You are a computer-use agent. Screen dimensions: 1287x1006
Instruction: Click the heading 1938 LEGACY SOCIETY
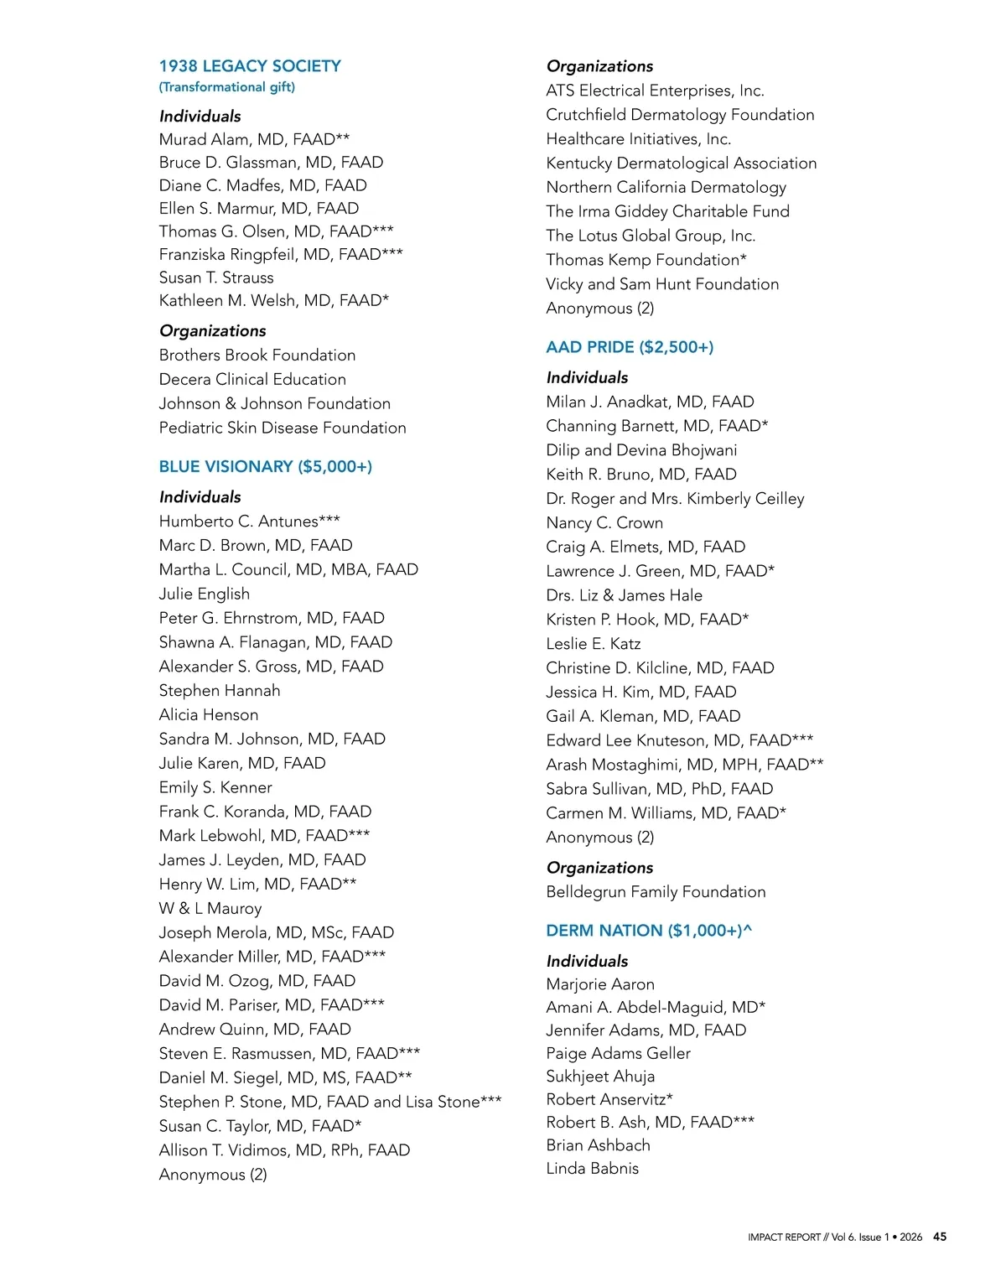pyautogui.click(x=250, y=66)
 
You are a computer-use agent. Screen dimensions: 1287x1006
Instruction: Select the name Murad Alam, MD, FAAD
pyautogui.click(x=254, y=139)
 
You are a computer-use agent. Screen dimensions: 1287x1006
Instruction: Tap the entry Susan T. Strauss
pyautogui.click(x=216, y=278)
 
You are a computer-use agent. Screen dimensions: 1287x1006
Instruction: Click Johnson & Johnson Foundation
pyautogui.click(x=275, y=403)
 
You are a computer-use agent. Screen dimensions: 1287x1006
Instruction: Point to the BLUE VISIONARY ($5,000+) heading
pyautogui.click(x=266, y=466)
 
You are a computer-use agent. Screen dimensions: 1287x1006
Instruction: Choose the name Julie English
pyautogui.click(x=205, y=594)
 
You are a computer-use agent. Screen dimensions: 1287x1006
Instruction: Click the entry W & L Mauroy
pyautogui.click(x=210, y=908)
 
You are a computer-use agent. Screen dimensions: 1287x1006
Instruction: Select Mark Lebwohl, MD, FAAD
pyautogui.click(x=264, y=835)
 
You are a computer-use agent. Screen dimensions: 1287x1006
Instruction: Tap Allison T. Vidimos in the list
pyautogui.click(x=284, y=1150)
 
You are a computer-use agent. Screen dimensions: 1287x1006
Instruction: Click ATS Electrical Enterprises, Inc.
pyautogui.click(x=655, y=91)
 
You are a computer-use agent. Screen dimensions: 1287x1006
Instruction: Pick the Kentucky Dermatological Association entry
pyautogui.click(x=681, y=163)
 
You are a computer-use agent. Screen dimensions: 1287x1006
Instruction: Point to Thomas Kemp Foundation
pyautogui.click(x=646, y=260)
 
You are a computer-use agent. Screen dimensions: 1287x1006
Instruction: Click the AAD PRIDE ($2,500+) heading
pyautogui.click(x=630, y=347)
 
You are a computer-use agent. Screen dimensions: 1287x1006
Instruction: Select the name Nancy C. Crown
pyautogui.click(x=604, y=522)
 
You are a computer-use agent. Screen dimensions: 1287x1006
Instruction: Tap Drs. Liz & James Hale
pyautogui.click(x=624, y=595)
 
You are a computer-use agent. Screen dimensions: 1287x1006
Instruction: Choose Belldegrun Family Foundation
pyautogui.click(x=656, y=892)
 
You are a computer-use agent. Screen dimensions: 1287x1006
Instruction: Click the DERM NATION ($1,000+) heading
pyautogui.click(x=649, y=931)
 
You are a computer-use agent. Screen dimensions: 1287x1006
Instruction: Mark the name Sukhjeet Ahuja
pyautogui.click(x=600, y=1076)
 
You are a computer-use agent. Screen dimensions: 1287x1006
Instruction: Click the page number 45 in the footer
pyautogui.click(x=940, y=1237)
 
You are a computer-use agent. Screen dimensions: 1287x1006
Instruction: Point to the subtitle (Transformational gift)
pyautogui.click(x=227, y=87)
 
